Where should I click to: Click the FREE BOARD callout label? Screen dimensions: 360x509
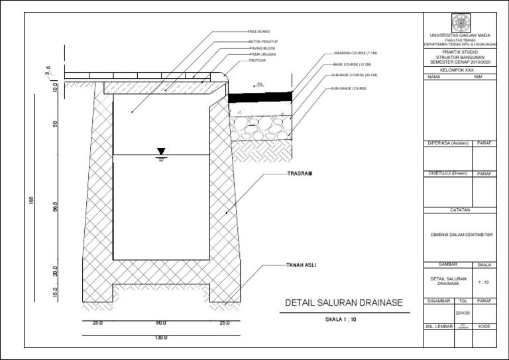(x=258, y=32)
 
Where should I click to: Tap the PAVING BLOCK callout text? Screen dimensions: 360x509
(x=261, y=48)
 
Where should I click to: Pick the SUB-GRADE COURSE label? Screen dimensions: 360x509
(x=350, y=88)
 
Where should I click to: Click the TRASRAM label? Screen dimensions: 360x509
(x=299, y=174)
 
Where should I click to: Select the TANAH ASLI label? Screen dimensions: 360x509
(x=301, y=265)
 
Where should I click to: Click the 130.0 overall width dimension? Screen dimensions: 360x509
(x=161, y=337)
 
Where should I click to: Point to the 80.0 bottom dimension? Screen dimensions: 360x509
(x=161, y=323)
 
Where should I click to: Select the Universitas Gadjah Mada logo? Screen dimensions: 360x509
(x=459, y=21)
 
